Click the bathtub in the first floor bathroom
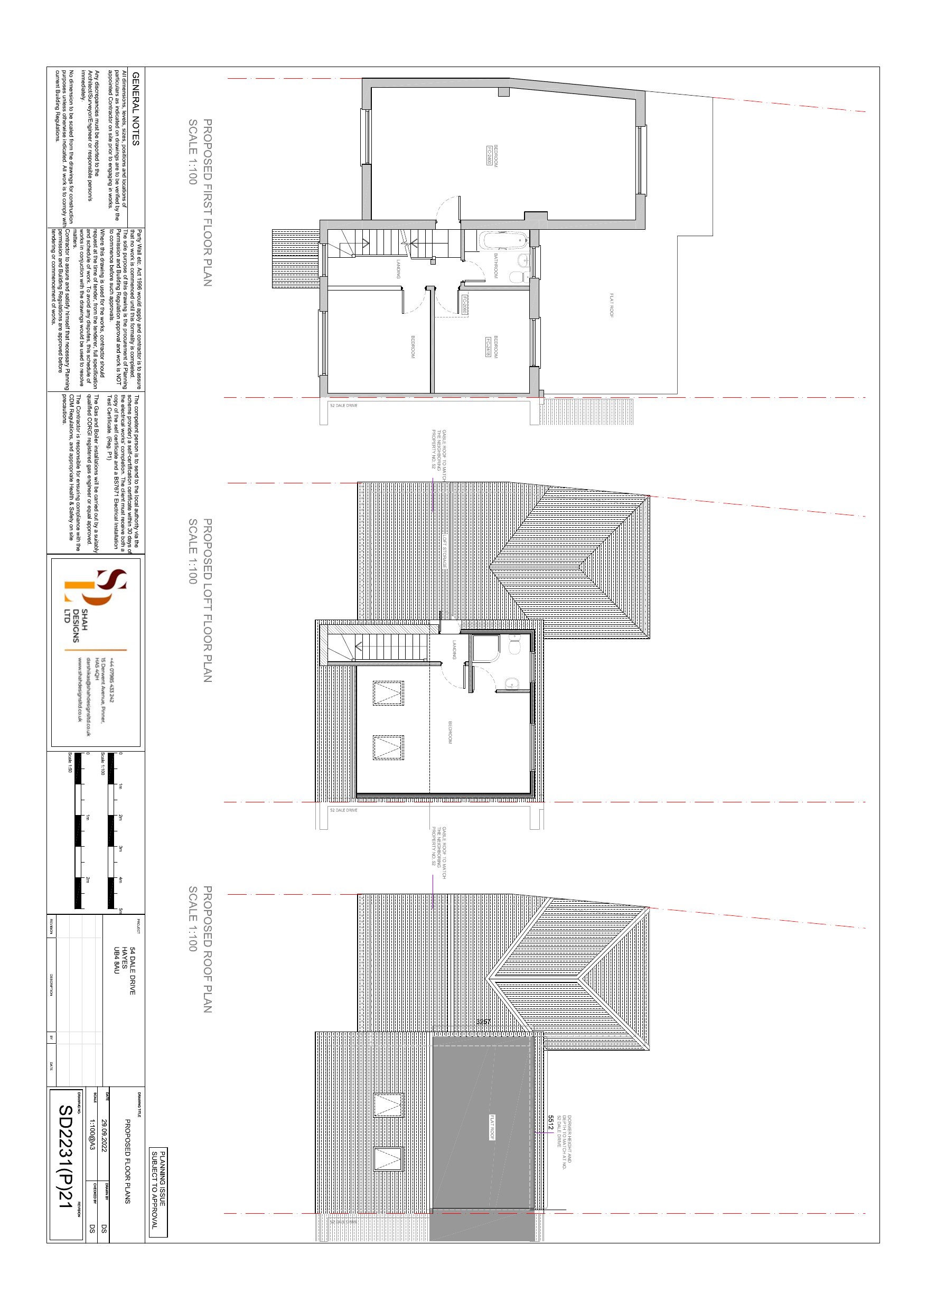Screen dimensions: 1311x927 point(502,240)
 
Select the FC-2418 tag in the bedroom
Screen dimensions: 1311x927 point(489,347)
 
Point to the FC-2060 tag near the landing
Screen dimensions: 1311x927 point(465,304)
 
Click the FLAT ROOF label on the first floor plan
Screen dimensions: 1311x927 point(611,305)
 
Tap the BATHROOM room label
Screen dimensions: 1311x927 point(496,266)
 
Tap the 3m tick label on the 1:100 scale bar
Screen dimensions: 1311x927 point(120,848)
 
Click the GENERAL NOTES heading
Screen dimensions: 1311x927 point(135,108)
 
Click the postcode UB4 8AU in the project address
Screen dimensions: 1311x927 point(117,960)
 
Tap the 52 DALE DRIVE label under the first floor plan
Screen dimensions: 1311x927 point(343,406)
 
